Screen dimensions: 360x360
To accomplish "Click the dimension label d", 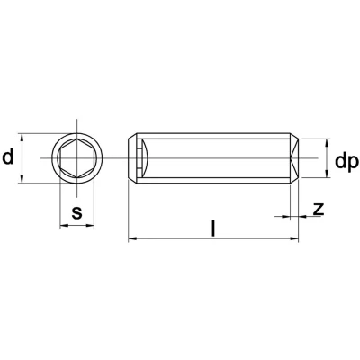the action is (x=8, y=157).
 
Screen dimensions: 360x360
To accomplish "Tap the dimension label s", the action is (x=76, y=212).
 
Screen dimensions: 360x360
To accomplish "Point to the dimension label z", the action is (x=319, y=209).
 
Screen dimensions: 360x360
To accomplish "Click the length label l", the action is (x=213, y=229).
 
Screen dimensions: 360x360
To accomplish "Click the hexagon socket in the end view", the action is (x=76, y=158).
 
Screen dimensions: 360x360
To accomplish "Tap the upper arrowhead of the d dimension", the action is (x=22, y=138).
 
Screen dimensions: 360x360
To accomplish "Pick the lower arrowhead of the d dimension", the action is (x=22, y=179).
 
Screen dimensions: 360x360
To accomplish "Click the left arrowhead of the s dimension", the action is (x=64, y=225).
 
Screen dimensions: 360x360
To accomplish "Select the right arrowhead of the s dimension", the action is (x=90, y=225).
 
